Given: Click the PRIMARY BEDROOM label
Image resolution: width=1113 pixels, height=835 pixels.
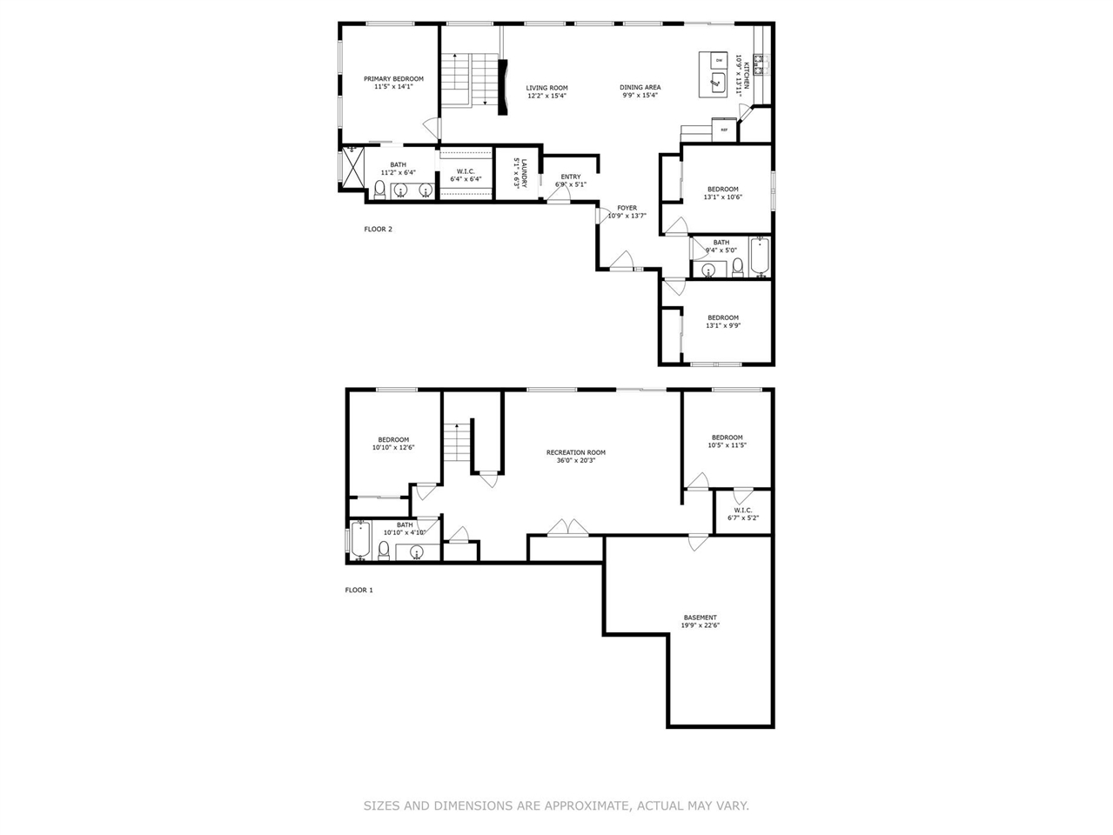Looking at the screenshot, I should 393,79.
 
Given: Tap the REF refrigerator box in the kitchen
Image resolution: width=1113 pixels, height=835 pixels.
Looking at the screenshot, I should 723,130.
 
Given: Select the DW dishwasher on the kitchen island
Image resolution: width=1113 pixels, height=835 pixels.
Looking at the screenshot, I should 719,60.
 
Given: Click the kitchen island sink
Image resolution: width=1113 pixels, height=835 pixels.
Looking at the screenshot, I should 718,83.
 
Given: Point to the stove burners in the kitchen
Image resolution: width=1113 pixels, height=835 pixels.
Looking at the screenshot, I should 759,64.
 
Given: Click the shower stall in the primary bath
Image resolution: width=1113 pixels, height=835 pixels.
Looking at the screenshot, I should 352,167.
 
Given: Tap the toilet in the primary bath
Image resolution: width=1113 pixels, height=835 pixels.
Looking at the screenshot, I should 379,190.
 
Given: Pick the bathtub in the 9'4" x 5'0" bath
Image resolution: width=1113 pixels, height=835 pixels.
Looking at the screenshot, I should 760,257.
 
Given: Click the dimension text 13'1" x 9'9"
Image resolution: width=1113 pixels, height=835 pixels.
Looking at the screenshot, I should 723,326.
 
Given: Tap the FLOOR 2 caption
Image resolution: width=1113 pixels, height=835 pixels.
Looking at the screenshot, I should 378,230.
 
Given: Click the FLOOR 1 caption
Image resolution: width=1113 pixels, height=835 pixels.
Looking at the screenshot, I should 359,590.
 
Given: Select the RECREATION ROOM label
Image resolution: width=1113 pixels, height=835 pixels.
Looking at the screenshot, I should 575,452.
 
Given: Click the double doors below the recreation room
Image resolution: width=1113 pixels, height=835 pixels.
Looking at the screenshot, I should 567,527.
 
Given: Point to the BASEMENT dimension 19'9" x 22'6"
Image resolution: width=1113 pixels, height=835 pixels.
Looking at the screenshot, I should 701,625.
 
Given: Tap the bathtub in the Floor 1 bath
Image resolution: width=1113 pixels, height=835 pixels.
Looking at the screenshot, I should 360,539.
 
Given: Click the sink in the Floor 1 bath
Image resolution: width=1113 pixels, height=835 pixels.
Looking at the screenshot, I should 417,551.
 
